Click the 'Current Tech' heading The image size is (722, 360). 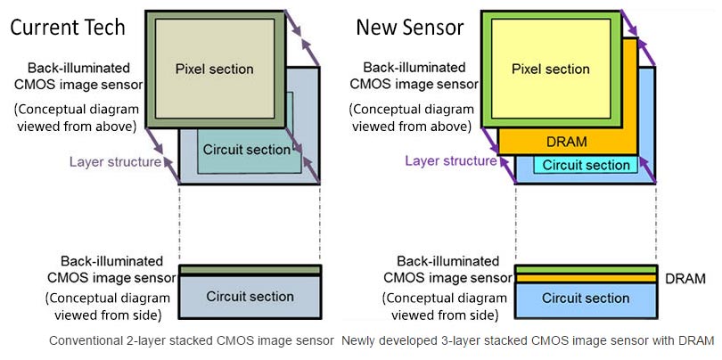click(x=68, y=27)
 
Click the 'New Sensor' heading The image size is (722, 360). click(x=410, y=28)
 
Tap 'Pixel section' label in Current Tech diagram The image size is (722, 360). click(x=215, y=69)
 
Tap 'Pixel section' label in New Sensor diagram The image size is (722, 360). click(x=551, y=69)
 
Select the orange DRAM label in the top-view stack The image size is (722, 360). click(x=567, y=142)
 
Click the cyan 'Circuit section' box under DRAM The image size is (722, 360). click(x=586, y=165)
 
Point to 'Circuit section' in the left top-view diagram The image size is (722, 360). click(x=247, y=150)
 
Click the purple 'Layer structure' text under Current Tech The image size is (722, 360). click(x=116, y=161)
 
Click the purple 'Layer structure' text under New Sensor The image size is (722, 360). click(x=451, y=160)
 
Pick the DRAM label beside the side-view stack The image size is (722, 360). click(x=685, y=279)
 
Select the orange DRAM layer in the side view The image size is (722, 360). click(x=586, y=279)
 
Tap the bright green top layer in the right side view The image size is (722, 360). click(x=586, y=270)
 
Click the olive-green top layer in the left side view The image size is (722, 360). click(x=250, y=269)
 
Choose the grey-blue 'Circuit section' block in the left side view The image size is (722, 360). click(x=250, y=297)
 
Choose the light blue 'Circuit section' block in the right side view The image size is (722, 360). click(x=586, y=300)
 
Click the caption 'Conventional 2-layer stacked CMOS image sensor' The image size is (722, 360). click(x=192, y=341)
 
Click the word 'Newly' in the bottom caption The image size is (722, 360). click(x=357, y=341)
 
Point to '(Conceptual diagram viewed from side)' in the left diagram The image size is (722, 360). click(x=108, y=307)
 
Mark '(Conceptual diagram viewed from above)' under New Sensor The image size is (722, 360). click(x=411, y=118)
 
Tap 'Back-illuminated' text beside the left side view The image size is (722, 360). click(x=112, y=261)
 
